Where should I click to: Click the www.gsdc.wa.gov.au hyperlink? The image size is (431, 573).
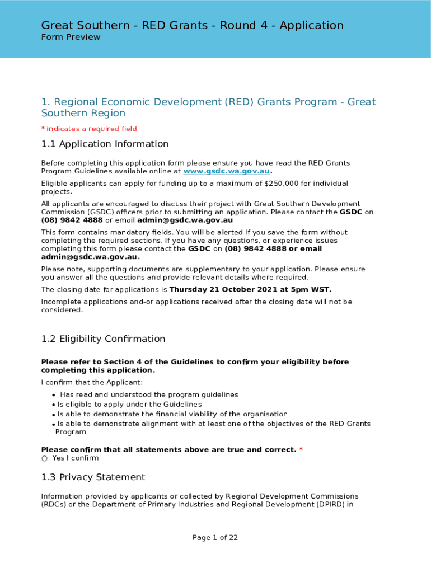pos(227,171)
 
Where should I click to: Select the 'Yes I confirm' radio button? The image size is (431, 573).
pos(45,458)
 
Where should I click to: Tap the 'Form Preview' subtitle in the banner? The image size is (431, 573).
pos(71,37)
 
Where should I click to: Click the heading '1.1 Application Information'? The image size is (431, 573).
pos(105,144)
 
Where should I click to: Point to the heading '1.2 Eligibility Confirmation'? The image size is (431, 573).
pos(103,339)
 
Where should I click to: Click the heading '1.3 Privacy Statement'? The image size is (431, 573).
pos(93,477)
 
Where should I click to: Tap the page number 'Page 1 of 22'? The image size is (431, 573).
pos(215,538)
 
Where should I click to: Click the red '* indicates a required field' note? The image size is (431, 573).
pos(89,129)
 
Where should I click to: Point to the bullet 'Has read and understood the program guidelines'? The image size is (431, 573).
pos(149,394)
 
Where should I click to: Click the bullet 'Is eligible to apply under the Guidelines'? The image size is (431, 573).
pos(129,404)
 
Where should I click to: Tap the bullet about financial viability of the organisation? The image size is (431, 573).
pos(172,414)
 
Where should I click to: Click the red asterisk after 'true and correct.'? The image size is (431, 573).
pos(301,450)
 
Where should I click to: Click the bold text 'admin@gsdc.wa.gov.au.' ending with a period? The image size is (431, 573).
pos(90,257)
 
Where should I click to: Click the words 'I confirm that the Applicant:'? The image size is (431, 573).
pos(92,383)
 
